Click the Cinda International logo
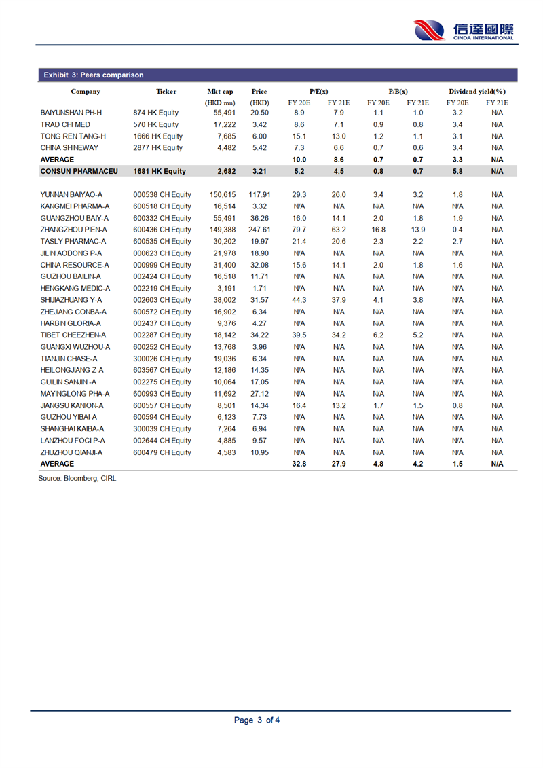[464, 31]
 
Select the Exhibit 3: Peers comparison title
[93, 75]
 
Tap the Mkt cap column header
[220, 91]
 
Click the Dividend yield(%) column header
[477, 91]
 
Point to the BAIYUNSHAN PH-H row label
[71, 113]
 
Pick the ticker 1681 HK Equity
[160, 171]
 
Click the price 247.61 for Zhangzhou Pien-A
[259, 230]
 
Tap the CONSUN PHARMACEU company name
[79, 171]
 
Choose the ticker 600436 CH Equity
[162, 230]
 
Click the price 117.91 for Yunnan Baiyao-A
[259, 195]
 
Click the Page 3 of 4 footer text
[257, 720]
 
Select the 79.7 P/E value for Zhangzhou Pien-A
[299, 230]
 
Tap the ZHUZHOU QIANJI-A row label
[71, 452]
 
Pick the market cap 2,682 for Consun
[225, 171]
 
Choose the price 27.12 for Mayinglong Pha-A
[259, 394]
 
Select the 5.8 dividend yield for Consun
[457, 171]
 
